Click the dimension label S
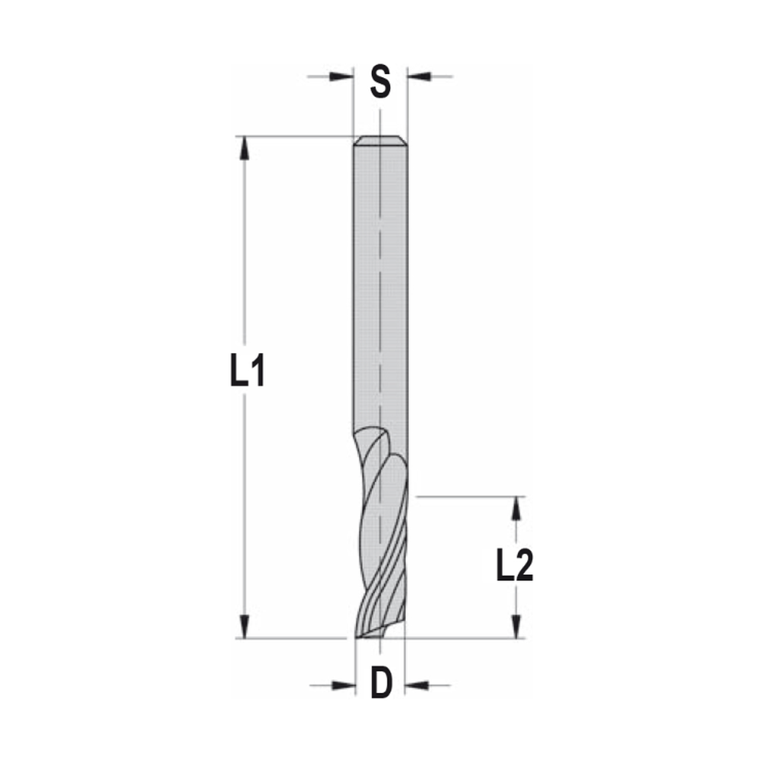click(380, 82)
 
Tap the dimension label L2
click(514, 567)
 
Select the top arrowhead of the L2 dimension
click(517, 509)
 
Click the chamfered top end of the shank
click(380, 141)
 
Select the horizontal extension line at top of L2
click(466, 497)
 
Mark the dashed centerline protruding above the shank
click(380, 122)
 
